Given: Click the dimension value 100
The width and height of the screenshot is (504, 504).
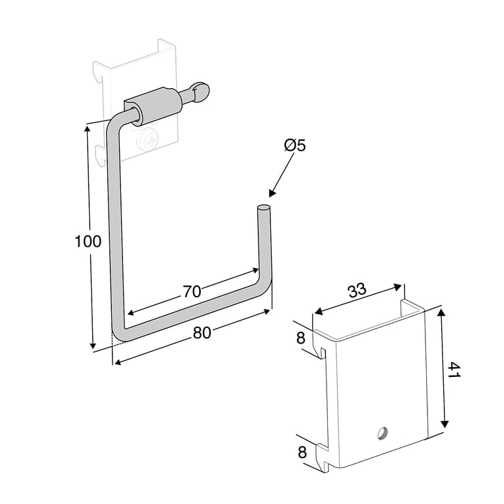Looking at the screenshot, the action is pyautogui.click(x=88, y=242).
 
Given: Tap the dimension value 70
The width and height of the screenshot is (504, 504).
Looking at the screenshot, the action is pyautogui.click(x=192, y=291).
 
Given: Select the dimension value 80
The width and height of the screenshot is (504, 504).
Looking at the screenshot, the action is pyautogui.click(x=202, y=333).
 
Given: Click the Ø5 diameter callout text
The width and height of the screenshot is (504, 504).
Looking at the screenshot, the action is pyautogui.click(x=295, y=145).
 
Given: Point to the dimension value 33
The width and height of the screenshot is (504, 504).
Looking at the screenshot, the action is pyautogui.click(x=357, y=289).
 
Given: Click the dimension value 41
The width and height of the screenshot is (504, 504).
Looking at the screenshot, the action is pyautogui.click(x=454, y=370).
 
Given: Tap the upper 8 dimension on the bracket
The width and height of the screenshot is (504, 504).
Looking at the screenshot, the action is pyautogui.click(x=300, y=338).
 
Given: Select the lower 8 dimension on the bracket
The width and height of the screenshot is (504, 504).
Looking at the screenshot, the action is pyautogui.click(x=302, y=452).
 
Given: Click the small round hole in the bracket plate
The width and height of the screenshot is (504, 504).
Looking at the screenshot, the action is pyautogui.click(x=383, y=433).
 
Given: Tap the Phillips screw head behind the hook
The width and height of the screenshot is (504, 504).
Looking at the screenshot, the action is pyautogui.click(x=147, y=141).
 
